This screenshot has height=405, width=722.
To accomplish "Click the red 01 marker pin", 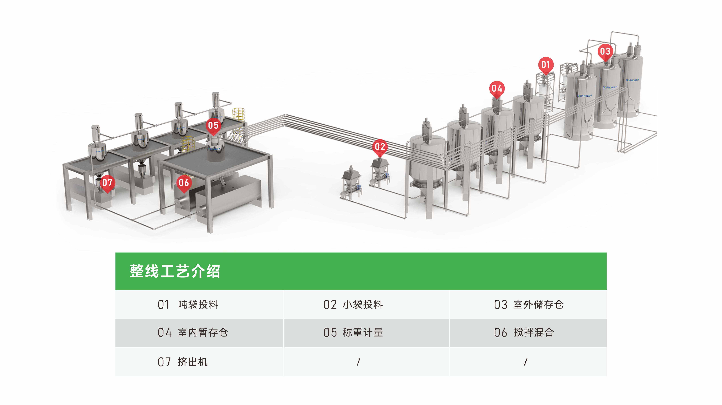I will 545,65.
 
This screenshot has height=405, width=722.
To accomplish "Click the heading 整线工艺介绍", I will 175,271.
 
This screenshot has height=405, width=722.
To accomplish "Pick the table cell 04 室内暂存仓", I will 193,333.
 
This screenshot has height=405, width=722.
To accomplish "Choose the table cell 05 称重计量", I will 353,333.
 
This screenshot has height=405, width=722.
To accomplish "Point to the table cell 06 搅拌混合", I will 524,333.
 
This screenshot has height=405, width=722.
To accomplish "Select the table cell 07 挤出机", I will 183,362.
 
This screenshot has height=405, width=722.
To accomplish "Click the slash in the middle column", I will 358,362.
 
